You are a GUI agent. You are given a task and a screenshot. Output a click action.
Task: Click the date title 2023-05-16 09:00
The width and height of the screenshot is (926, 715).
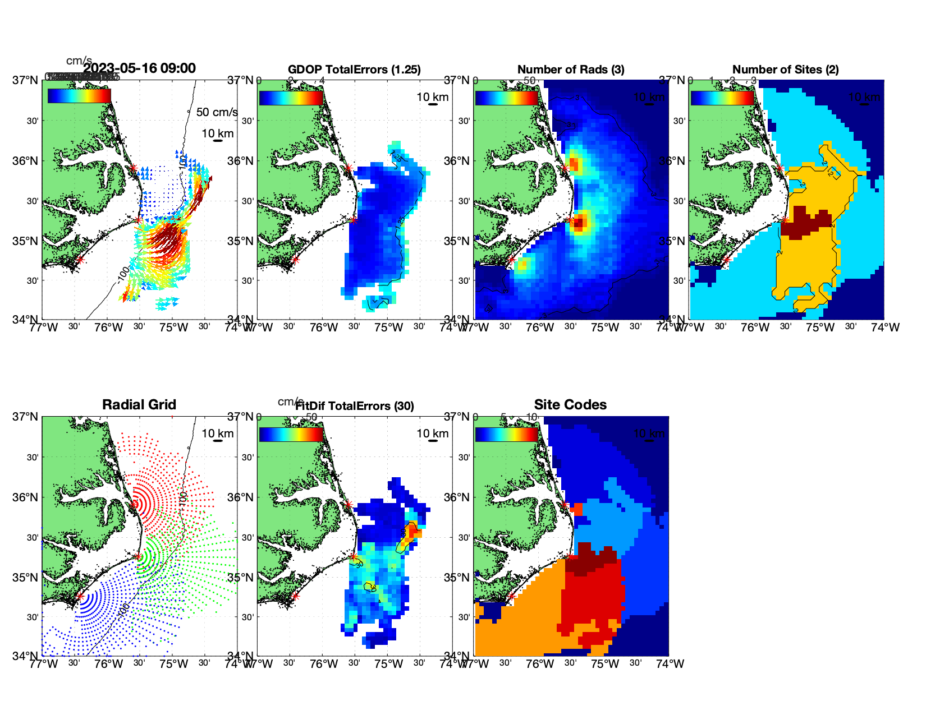click(140, 68)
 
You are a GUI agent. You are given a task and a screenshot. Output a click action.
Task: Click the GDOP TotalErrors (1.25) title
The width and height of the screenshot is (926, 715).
click(354, 70)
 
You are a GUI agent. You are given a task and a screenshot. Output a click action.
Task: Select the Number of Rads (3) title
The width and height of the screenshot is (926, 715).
click(571, 70)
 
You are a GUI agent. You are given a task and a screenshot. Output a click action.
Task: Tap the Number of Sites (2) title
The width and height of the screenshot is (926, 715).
click(786, 70)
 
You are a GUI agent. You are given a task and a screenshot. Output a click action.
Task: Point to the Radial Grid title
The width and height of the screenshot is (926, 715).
click(139, 405)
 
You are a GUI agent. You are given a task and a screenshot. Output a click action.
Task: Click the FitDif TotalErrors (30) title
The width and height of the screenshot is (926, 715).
click(355, 406)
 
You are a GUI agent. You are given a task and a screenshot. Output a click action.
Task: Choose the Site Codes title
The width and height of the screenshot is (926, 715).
click(570, 405)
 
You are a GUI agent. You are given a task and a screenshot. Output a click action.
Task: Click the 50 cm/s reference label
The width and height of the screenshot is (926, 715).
click(217, 112)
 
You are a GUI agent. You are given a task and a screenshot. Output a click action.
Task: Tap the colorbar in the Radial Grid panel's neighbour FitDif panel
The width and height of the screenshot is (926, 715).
click(291, 435)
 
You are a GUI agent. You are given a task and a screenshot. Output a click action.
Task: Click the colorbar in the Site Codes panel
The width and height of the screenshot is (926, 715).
click(507, 435)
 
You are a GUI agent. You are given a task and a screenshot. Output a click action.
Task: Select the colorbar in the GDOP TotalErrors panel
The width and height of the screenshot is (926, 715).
click(291, 98)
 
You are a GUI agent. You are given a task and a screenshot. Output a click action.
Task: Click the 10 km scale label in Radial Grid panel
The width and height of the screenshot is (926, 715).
click(218, 433)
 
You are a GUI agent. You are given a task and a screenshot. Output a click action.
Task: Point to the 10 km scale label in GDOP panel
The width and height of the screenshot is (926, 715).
click(432, 97)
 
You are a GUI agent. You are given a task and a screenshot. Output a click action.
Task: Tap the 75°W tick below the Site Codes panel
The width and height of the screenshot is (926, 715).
click(605, 664)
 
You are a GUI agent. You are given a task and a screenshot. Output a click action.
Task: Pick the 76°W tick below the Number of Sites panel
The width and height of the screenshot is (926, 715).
click(755, 327)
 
